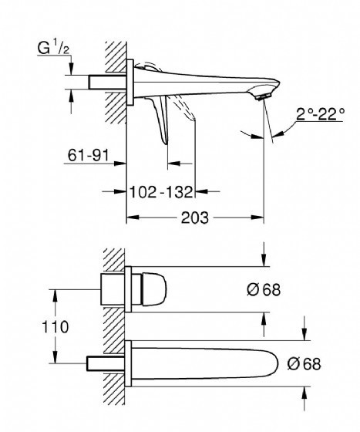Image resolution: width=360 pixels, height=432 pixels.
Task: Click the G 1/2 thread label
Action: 53,47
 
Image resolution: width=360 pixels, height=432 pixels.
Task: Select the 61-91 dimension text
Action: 89,155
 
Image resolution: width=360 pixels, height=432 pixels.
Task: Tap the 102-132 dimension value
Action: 161,192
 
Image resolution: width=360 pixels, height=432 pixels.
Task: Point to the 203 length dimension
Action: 195,218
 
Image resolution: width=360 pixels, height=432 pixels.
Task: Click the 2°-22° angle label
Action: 320,114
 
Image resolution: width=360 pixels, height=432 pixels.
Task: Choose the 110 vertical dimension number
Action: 55,327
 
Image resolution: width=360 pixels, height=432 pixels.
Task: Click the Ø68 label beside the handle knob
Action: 264,290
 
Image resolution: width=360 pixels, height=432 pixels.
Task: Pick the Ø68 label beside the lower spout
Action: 304,363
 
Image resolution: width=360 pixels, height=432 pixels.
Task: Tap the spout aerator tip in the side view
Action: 263,96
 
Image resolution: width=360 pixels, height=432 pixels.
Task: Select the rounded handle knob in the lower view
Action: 154,289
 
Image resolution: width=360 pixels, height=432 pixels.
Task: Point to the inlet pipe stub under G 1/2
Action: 107,82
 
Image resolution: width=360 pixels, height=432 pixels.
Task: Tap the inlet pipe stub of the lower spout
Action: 106,363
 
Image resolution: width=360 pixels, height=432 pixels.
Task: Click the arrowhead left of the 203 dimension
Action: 133,218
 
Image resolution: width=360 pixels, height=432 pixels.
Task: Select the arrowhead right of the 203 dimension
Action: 257,218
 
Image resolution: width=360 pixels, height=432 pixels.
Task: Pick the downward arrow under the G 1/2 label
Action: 71,68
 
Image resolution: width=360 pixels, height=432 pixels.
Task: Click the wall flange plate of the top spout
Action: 130,83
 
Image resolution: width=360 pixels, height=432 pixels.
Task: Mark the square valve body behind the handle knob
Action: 113,289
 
